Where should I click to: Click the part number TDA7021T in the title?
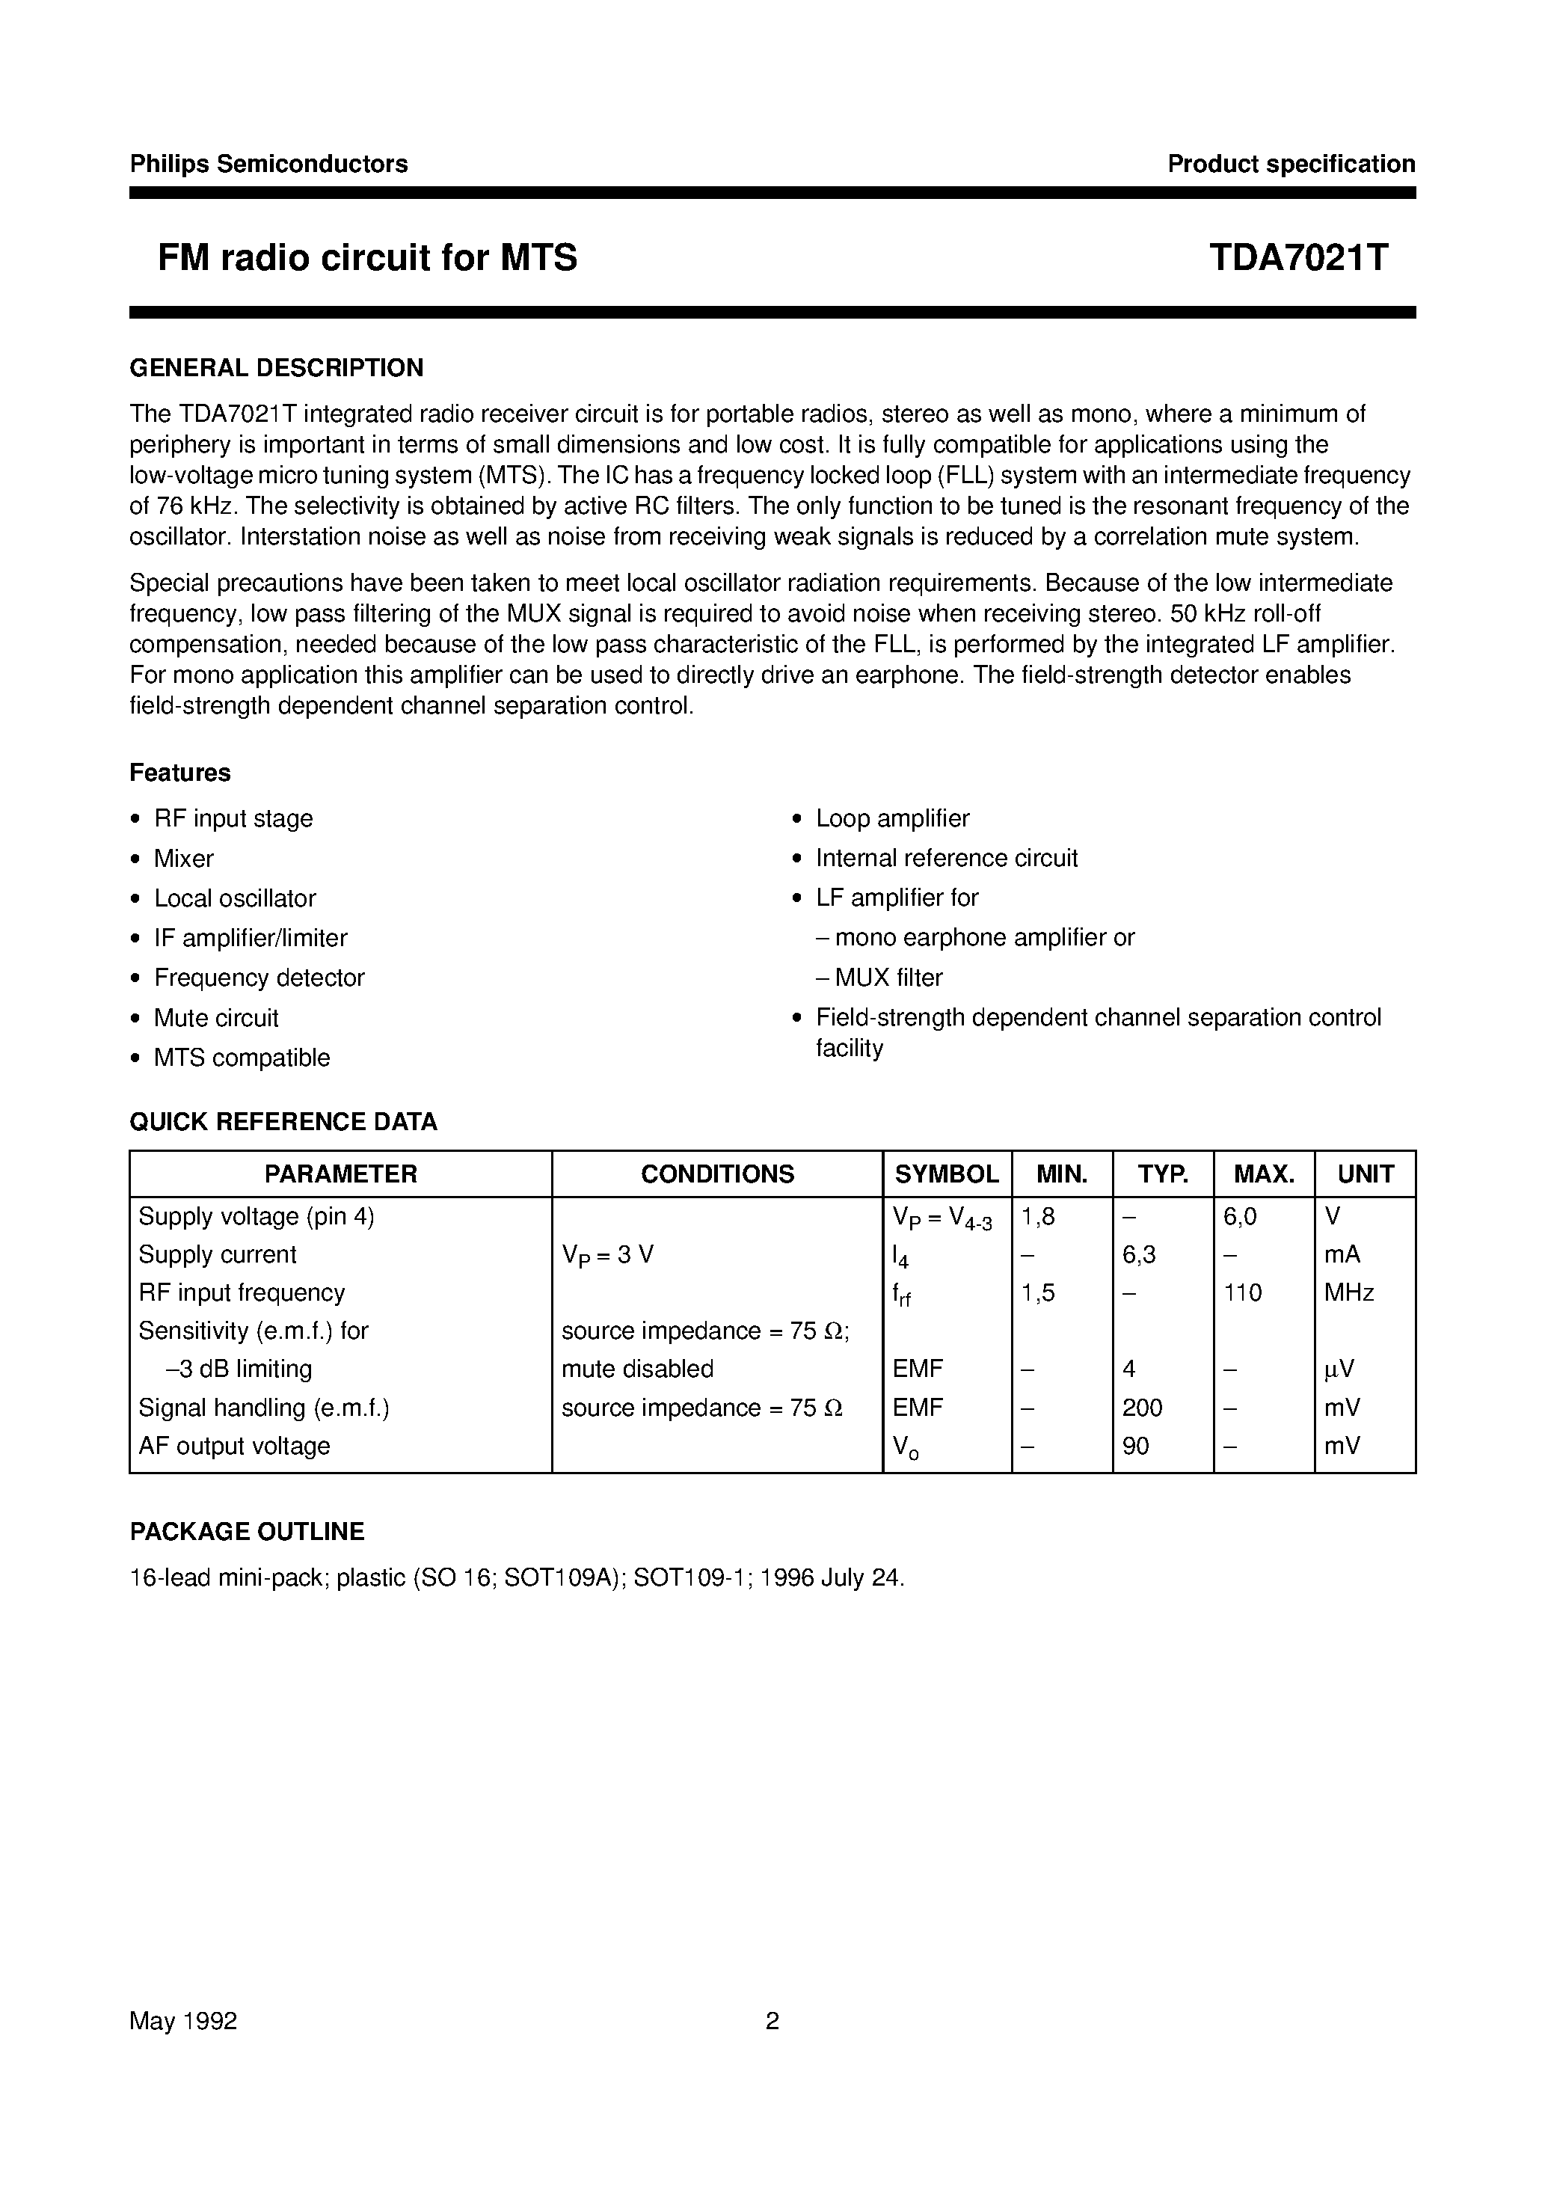[1298, 257]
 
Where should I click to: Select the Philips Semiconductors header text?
[268, 164]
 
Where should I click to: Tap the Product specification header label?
[1291, 164]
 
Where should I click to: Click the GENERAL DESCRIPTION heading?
[276, 368]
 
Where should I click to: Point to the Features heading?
[180, 773]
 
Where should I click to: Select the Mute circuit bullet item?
[216, 1018]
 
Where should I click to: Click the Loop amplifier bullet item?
[891, 818]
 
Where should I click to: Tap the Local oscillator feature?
[234, 898]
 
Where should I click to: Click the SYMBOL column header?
[946, 1174]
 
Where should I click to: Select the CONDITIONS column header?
[716, 1174]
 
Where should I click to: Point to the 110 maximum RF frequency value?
[1243, 1292]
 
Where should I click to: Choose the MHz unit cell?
[1349, 1292]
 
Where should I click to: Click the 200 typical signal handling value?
[1142, 1408]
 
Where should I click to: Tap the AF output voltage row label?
[234, 1446]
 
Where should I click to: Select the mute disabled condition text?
[636, 1369]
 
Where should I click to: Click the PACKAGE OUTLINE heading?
[247, 1532]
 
